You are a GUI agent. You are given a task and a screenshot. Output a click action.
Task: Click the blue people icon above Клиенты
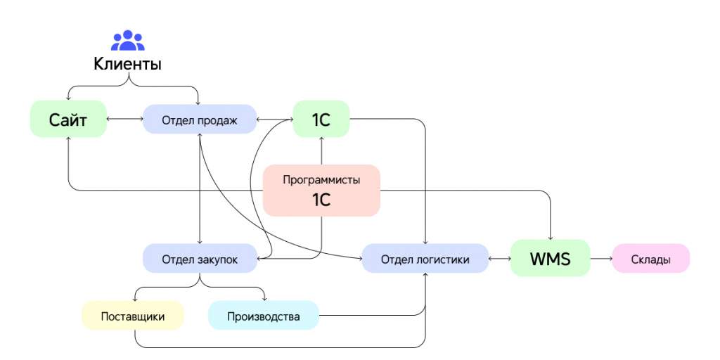pyautogui.click(x=128, y=40)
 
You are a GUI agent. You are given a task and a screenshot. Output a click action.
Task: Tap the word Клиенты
pyautogui.click(x=128, y=64)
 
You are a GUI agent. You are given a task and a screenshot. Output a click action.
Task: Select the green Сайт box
pyautogui.click(x=68, y=119)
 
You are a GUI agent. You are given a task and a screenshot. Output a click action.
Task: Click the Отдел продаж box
pyautogui.click(x=199, y=120)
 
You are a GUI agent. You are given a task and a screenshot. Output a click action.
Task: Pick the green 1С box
pyautogui.click(x=321, y=119)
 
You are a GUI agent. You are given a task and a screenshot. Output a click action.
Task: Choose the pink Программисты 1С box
pyautogui.click(x=321, y=190)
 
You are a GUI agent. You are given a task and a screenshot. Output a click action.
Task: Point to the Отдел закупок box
pyautogui.click(x=200, y=259)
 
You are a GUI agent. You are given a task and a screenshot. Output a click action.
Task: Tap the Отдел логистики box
pyautogui.click(x=425, y=259)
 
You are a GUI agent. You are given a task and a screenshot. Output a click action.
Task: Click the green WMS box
pyautogui.click(x=550, y=258)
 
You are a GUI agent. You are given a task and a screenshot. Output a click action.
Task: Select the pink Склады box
pyautogui.click(x=650, y=259)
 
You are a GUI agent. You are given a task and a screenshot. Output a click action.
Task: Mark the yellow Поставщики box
pyautogui.click(x=133, y=316)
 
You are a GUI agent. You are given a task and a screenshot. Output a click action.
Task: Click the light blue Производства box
pyautogui.click(x=264, y=316)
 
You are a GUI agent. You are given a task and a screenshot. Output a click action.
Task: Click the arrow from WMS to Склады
pyautogui.click(x=601, y=259)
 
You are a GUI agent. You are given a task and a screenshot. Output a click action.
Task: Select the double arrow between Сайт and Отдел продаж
pyautogui.click(x=125, y=120)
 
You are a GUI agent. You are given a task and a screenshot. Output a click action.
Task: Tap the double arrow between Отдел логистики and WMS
pyautogui.click(x=500, y=259)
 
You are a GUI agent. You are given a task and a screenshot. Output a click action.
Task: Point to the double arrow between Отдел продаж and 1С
pyautogui.click(x=275, y=120)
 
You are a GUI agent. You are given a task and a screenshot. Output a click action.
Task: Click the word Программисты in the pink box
pyautogui.click(x=321, y=179)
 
